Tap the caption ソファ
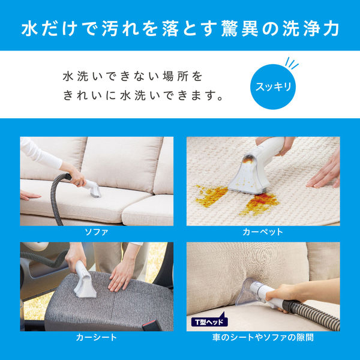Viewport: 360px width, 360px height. [97, 231]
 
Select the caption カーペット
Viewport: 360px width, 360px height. [263, 231]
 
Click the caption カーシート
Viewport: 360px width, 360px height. [97, 337]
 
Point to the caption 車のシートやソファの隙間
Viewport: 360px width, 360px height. [263, 337]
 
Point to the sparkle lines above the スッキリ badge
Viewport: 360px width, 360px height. [292, 63]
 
